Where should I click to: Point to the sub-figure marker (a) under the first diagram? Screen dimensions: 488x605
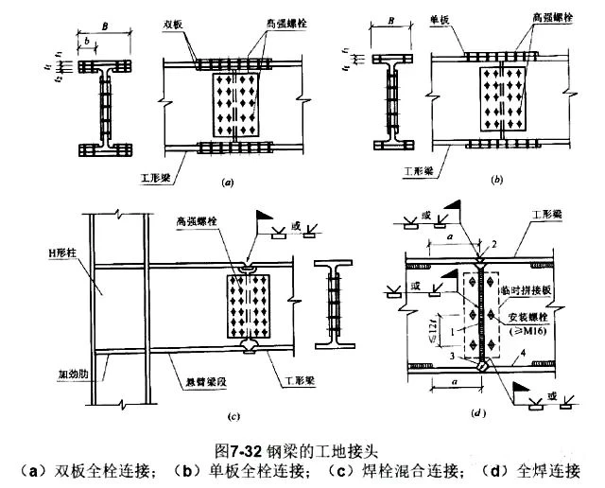click(x=227, y=178)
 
